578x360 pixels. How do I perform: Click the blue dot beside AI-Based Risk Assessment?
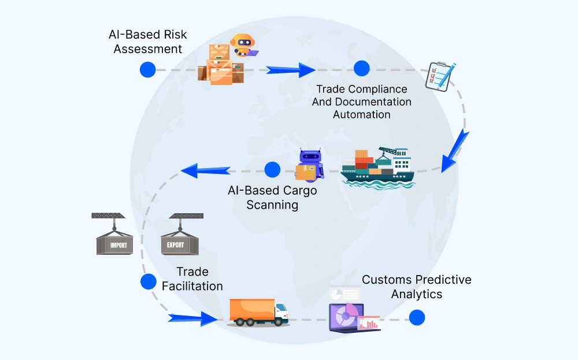[x=148, y=69]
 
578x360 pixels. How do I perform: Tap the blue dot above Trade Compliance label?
[x=361, y=68]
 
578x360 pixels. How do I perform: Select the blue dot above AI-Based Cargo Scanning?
[x=272, y=169]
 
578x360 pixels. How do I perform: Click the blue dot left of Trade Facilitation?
[x=148, y=281]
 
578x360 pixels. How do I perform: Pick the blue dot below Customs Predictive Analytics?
[x=416, y=317]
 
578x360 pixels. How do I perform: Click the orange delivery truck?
[x=258, y=313]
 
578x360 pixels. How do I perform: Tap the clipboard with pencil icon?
[x=440, y=76]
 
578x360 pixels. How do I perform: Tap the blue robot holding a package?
[x=307, y=165]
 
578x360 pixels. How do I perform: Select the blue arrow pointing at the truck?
[x=194, y=317]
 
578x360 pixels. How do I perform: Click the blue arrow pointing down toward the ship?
[x=455, y=150]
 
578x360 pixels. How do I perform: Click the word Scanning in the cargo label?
[x=272, y=205]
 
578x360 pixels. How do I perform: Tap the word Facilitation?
[x=192, y=286]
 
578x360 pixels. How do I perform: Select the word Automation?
[x=362, y=114]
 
